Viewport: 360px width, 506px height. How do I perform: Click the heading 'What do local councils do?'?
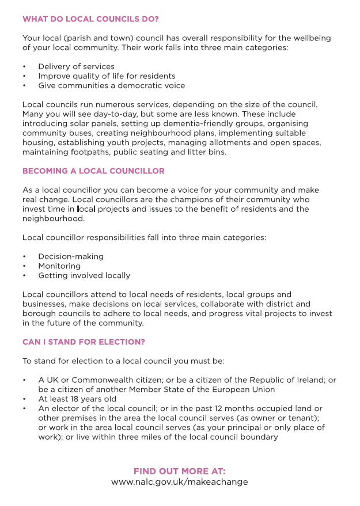(90, 19)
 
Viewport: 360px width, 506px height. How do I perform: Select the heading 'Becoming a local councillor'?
(93, 171)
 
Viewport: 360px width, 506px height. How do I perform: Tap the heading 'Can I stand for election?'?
(84, 342)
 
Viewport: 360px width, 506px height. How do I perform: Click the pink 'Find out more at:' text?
(180, 471)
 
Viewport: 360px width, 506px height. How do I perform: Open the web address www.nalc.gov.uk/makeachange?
(180, 482)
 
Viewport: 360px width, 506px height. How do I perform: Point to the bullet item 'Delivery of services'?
(76, 66)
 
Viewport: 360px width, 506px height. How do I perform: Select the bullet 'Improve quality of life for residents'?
(107, 76)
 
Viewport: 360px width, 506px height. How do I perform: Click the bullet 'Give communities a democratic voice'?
(112, 85)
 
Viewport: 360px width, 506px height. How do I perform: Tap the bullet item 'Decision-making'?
(71, 257)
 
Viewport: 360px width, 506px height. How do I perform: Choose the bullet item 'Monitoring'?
(59, 266)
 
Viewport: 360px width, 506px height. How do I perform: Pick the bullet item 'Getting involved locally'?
(84, 275)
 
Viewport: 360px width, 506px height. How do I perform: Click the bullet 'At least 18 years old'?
(77, 399)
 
